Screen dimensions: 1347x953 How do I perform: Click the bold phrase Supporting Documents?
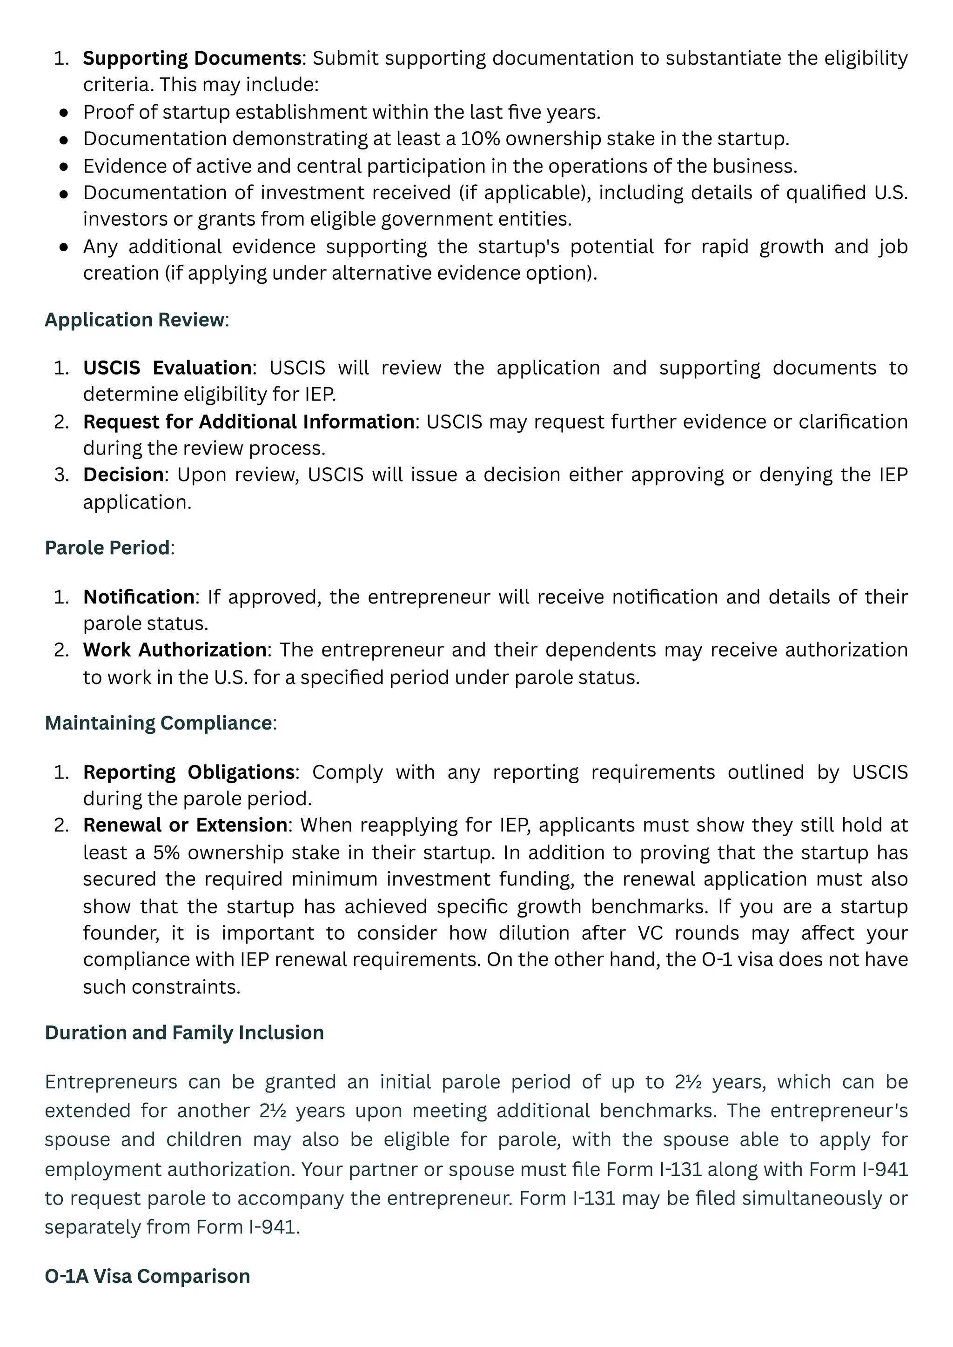192,58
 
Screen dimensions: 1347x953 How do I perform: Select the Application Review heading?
134,320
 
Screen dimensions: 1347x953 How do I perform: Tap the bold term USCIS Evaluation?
167,368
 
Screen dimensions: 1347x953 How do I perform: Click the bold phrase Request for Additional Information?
249,422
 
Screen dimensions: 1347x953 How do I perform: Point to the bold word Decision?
123,475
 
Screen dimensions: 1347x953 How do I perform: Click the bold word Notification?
139,597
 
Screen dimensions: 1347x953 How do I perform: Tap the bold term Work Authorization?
174,650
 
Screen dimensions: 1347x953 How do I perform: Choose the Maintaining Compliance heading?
158,723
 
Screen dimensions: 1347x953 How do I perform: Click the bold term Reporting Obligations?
188,772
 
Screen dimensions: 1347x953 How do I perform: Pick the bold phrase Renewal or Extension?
185,825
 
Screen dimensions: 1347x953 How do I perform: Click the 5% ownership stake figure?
166,852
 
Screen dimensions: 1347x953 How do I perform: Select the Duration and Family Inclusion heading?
184,1032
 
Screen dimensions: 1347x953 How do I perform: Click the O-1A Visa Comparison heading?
148,1276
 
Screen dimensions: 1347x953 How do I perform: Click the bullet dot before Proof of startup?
64,113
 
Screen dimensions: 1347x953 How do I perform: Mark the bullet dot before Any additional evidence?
64,247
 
